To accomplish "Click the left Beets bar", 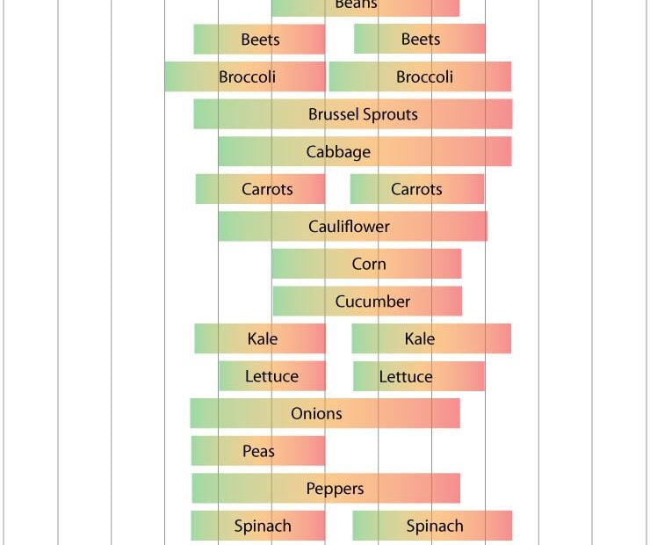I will [259, 40].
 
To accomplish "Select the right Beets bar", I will [420, 40].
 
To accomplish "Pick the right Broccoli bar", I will [420, 77].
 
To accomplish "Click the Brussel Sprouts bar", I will [353, 114].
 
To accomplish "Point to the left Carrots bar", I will [260, 189].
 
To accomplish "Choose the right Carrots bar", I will [417, 189].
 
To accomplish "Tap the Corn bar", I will [366, 264].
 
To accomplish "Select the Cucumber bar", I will [367, 302].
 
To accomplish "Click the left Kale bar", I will [260, 339].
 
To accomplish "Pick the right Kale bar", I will [431, 339].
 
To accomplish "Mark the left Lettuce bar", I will [272, 376].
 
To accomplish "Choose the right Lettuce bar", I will [419, 376].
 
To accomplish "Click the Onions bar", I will [325, 414].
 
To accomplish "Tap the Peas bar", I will [258, 451].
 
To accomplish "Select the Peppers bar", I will [326, 489].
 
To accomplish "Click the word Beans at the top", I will [356, 4].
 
